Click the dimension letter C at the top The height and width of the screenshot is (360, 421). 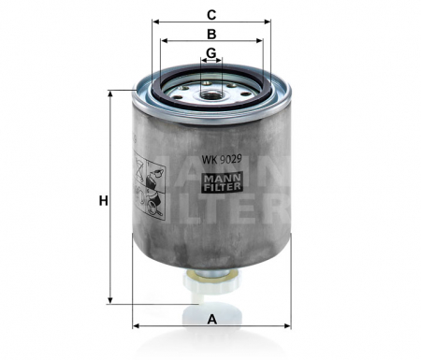tap(211, 14)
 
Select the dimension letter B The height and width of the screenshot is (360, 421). tap(211, 34)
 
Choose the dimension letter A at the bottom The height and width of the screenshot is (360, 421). tap(212, 319)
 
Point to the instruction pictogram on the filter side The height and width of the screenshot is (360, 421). tap(146, 183)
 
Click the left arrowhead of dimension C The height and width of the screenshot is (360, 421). tap(154, 22)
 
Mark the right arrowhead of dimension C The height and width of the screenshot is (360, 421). tap(269, 22)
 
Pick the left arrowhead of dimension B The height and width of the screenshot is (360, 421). tap(164, 41)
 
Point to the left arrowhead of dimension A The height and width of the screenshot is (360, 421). tap(137, 326)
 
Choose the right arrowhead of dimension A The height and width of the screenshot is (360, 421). tap(288, 326)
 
